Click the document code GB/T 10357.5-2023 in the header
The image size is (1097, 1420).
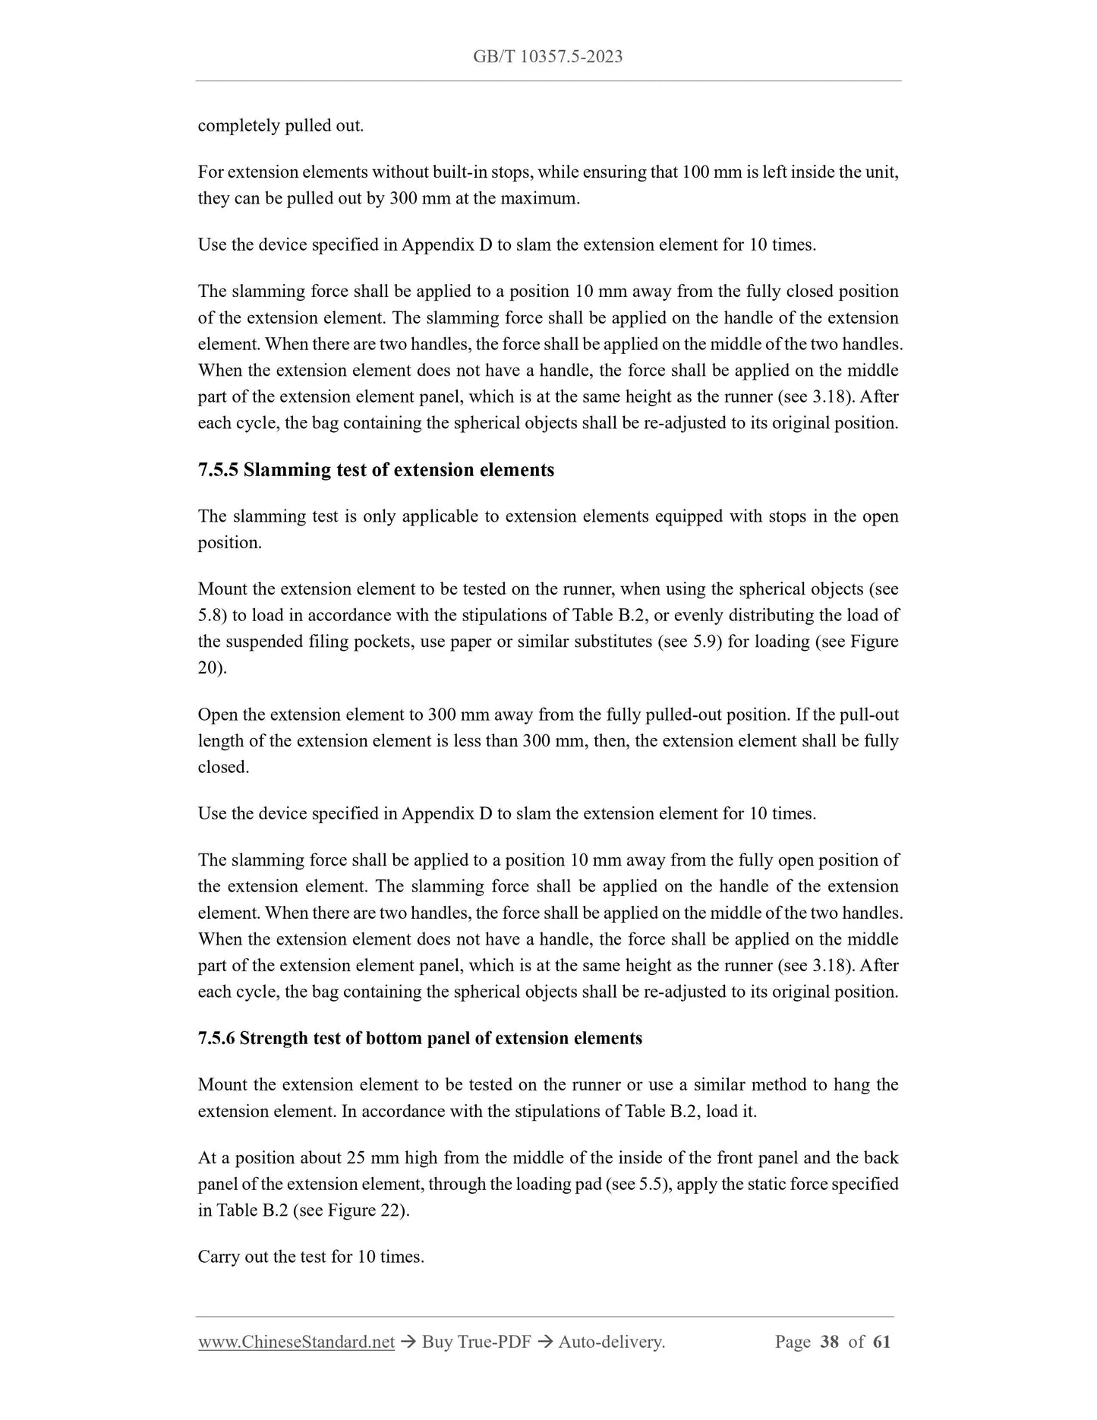(547, 57)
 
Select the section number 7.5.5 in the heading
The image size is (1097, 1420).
(218, 470)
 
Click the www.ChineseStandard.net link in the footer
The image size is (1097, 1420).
(296, 1342)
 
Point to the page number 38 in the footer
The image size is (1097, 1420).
(830, 1342)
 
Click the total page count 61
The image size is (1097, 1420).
(881, 1342)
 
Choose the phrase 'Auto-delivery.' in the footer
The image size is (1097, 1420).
(611, 1342)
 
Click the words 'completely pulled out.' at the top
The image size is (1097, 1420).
(281, 126)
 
